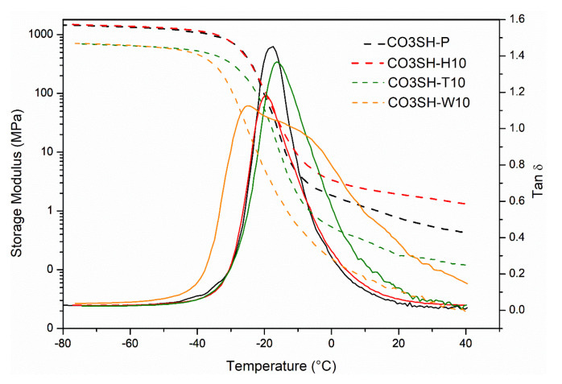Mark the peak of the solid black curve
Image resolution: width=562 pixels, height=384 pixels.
[272, 47]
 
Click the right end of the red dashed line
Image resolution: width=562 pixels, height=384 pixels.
[465, 204]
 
